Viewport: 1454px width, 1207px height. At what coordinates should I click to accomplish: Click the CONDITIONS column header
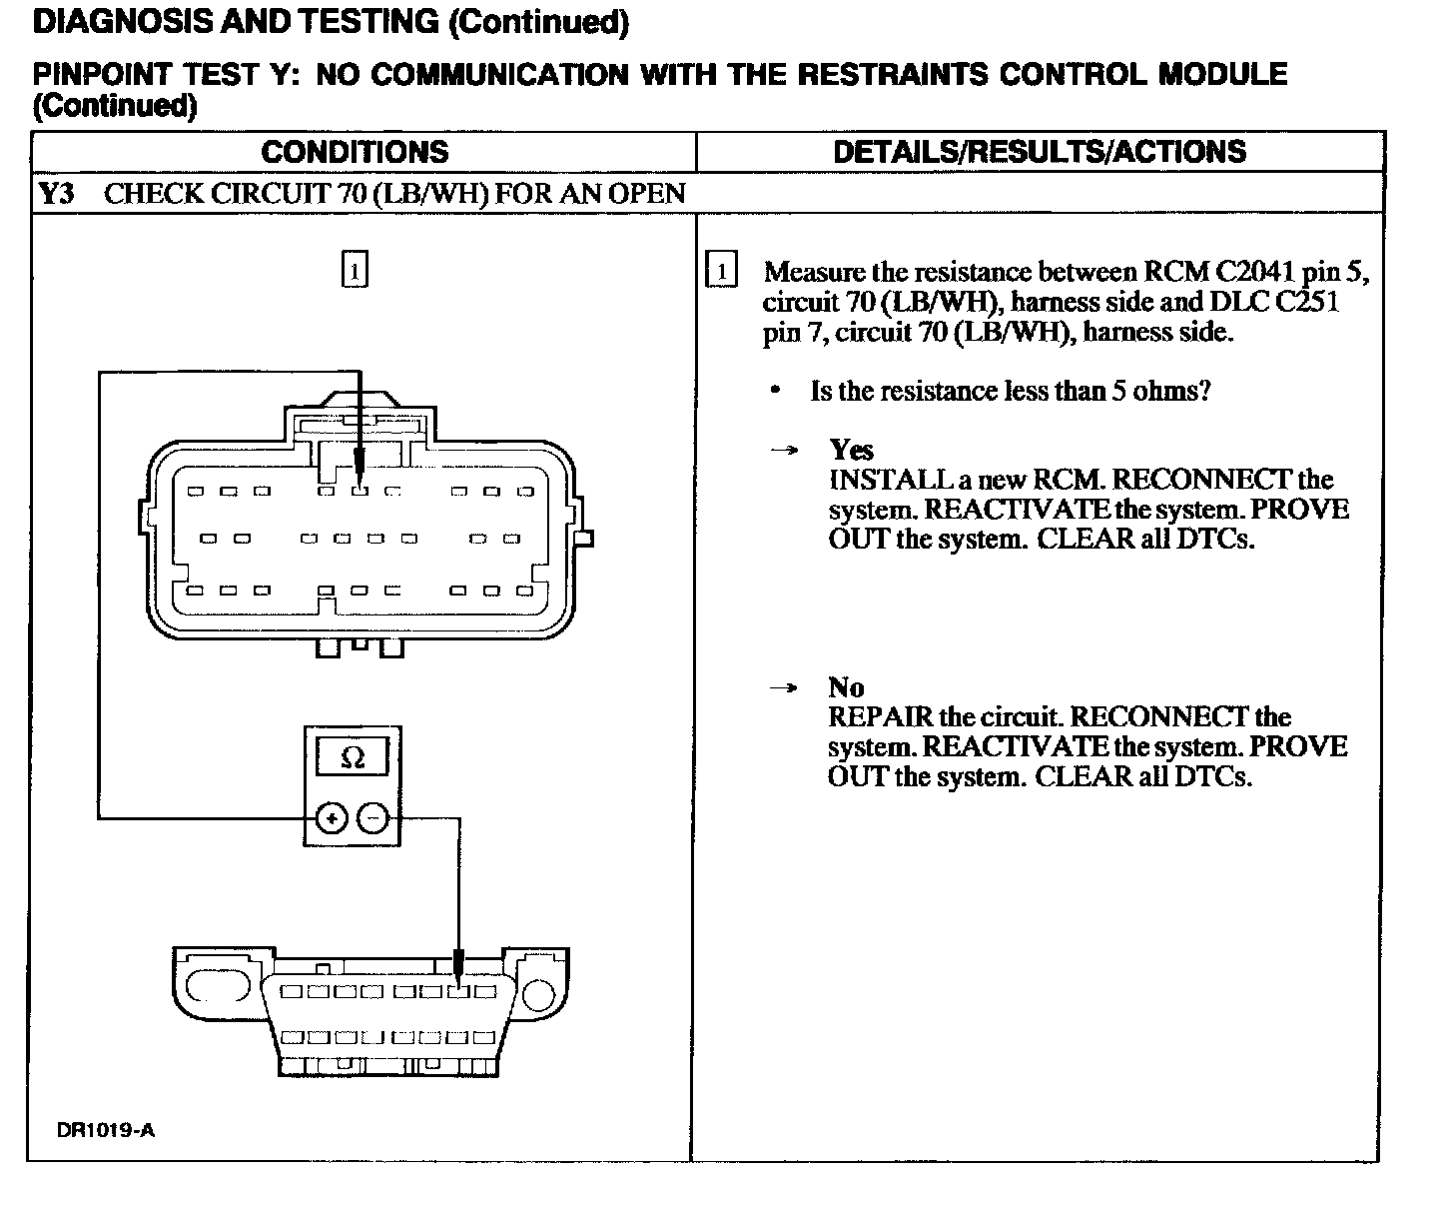coord(355,152)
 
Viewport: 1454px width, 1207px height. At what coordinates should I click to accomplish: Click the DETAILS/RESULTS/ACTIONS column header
coord(1039,152)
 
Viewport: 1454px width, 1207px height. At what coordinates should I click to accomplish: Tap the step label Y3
coord(57,193)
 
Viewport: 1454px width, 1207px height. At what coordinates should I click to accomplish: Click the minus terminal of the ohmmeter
coord(372,819)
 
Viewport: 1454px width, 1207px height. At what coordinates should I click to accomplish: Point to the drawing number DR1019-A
coord(106,1130)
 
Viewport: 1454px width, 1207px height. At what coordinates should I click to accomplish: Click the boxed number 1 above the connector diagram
coord(355,271)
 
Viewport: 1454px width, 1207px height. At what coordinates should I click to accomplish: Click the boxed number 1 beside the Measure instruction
coord(721,272)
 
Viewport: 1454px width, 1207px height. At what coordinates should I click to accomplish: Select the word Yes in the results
coord(851,450)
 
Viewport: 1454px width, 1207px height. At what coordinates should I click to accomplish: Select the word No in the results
coord(846,687)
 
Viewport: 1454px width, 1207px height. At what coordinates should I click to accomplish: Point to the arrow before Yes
coord(786,451)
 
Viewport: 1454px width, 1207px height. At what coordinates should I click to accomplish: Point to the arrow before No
coord(786,688)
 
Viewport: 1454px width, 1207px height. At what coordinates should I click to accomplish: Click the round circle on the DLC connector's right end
coord(538,994)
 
